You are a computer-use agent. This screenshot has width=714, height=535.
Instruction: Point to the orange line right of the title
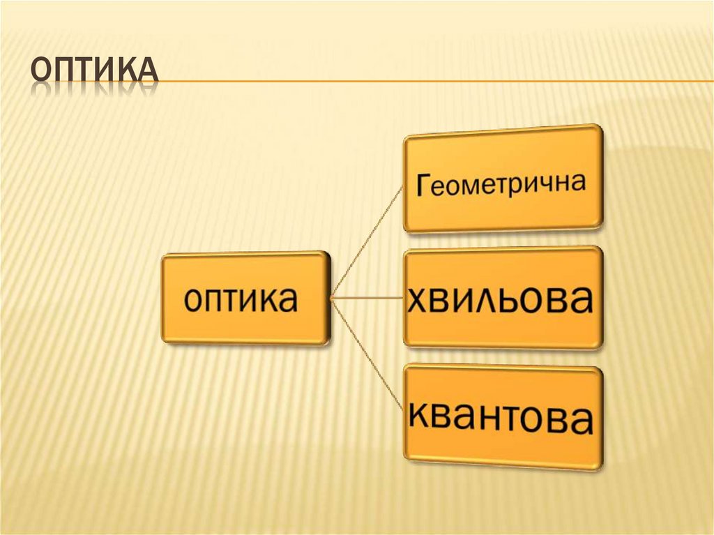[432, 82]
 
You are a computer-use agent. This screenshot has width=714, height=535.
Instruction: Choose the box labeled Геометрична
[503, 179]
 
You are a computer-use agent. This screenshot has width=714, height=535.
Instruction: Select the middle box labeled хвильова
[503, 298]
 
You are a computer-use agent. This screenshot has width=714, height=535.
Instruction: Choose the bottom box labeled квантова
[503, 417]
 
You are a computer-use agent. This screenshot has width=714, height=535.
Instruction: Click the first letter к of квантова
[420, 416]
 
